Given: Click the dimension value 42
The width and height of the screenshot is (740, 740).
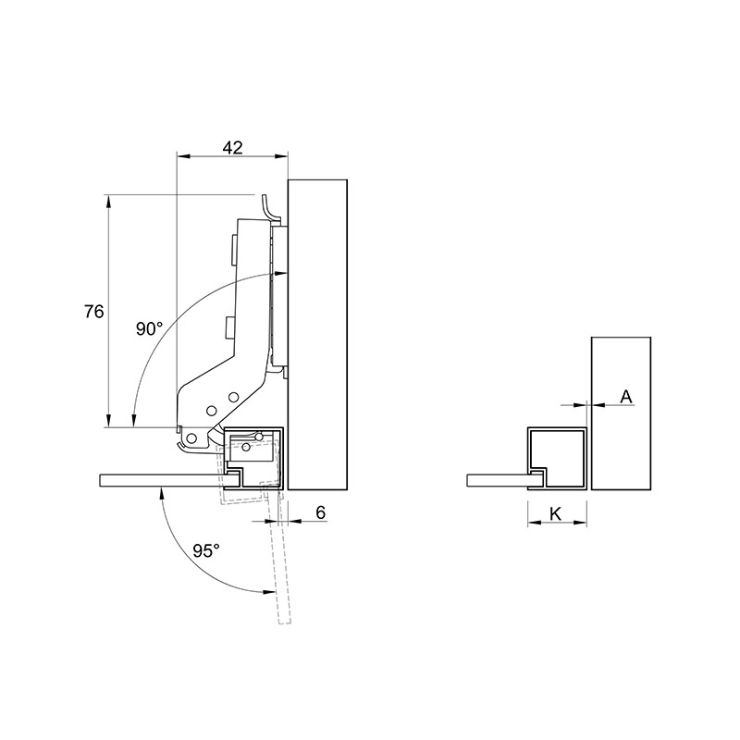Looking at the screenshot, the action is point(233,148).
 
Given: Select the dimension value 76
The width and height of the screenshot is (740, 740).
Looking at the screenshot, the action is point(94,312).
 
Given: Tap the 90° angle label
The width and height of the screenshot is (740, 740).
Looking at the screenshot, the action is point(149,328).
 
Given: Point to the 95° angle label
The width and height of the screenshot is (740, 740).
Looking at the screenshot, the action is point(206,550).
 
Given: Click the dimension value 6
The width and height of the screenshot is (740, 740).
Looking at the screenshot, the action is point(320,512).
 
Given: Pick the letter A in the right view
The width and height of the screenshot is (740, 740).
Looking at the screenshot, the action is point(626,397).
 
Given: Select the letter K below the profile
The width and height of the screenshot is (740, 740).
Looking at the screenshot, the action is point(556,514).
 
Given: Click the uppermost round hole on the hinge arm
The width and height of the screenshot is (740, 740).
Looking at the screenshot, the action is point(233,397).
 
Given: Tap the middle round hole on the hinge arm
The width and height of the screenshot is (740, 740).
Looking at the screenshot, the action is point(212,411).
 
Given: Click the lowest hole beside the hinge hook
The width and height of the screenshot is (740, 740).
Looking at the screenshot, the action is point(191,438).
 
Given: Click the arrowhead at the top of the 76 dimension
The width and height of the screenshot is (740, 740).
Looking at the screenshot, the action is point(108,201).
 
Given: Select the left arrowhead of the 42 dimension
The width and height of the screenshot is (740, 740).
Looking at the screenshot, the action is point(182,155).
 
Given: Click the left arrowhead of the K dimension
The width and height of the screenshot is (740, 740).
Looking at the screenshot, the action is point(535,523).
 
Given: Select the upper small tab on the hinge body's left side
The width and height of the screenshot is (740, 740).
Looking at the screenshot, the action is point(233,250).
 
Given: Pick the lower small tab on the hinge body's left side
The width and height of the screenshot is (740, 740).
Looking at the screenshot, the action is point(229,327).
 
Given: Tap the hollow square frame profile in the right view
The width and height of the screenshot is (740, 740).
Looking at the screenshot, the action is point(557,430).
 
